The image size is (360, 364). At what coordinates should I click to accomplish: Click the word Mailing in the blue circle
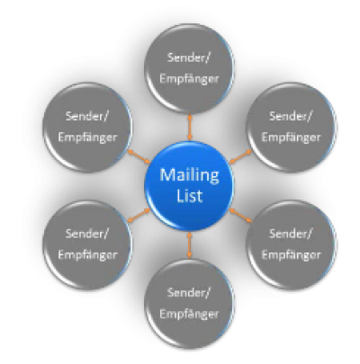(x=189, y=176)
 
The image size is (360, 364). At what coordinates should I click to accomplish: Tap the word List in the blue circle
(x=189, y=196)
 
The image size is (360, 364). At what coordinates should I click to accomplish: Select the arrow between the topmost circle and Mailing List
(x=189, y=127)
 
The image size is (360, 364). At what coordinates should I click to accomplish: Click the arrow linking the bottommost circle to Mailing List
(x=189, y=245)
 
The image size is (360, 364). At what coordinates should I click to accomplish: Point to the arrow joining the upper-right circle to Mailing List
(x=240, y=156)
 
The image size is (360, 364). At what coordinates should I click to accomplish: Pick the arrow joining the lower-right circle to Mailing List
(x=240, y=216)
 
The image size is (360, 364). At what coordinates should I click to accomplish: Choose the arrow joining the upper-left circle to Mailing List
(x=139, y=156)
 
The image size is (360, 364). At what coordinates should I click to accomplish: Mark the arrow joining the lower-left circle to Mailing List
(x=139, y=216)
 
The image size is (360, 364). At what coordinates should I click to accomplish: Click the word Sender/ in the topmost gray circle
(x=189, y=58)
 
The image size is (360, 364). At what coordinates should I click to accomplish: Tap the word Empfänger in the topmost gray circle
(x=189, y=79)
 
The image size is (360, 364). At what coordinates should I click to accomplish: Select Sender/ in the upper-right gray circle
(x=291, y=116)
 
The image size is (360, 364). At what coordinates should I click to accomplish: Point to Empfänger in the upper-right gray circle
(x=291, y=138)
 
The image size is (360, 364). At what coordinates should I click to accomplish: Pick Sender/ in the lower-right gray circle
(x=291, y=234)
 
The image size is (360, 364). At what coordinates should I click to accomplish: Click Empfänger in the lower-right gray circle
(x=291, y=255)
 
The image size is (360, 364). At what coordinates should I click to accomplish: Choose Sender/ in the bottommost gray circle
(x=189, y=292)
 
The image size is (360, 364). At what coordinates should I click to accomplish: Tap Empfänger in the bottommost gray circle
(x=189, y=314)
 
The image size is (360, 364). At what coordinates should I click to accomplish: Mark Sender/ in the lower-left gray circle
(x=87, y=234)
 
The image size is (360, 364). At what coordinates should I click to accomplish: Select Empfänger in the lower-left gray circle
(x=87, y=255)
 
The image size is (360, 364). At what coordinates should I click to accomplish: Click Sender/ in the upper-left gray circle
(x=87, y=116)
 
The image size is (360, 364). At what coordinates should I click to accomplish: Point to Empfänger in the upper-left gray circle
(x=87, y=138)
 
